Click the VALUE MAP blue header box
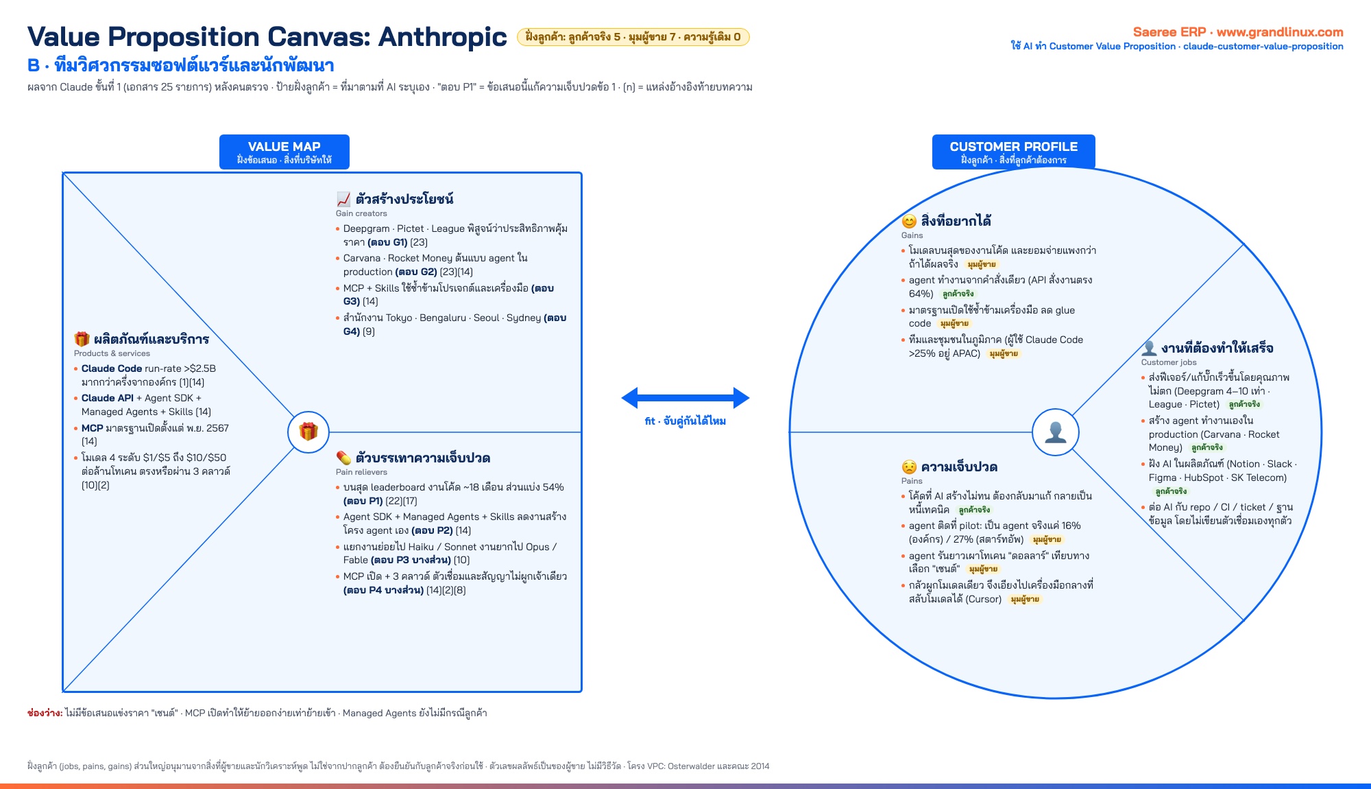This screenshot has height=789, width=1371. tap(284, 152)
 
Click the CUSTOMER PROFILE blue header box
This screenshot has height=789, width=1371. tap(1013, 152)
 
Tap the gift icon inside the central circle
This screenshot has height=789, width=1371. tap(308, 432)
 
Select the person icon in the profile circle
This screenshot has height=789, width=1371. tap(1056, 432)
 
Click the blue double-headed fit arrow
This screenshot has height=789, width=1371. tap(685, 398)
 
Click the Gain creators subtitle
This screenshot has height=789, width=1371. tap(361, 213)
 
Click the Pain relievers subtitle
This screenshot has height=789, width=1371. tap(361, 472)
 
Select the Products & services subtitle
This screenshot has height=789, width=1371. tap(112, 353)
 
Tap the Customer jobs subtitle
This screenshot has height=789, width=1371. tap(1169, 362)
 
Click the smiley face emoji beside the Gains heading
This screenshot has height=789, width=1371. tap(909, 221)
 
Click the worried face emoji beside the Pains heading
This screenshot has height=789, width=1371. tap(909, 467)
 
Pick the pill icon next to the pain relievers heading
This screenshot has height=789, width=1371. tap(343, 458)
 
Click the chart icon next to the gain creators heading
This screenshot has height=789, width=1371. tap(343, 199)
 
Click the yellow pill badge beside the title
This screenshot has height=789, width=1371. tap(633, 37)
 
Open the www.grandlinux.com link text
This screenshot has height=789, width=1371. tap(1280, 32)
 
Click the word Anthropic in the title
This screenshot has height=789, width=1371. tap(443, 36)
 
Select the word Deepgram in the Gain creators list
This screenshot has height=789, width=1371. tap(366, 228)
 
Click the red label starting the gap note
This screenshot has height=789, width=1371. tap(45, 713)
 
